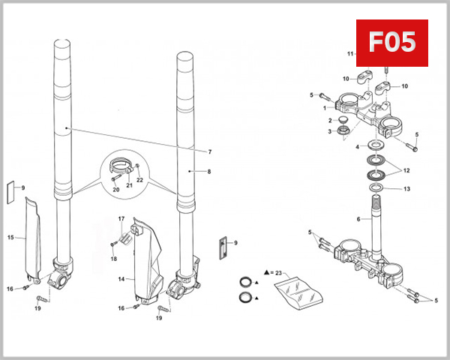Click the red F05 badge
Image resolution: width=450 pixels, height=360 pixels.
(391, 42)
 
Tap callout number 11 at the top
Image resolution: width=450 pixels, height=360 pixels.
(349, 54)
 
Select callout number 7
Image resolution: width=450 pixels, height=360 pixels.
(210, 152)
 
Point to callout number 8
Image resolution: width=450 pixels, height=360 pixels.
(209, 172)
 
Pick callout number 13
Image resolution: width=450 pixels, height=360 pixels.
(406, 190)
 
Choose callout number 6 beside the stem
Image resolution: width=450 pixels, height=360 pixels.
(358, 219)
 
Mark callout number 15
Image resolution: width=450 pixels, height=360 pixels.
(10, 238)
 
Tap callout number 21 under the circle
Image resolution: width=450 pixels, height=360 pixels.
(128, 184)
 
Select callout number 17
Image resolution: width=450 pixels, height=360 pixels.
(121, 218)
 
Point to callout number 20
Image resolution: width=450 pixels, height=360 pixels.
(116, 190)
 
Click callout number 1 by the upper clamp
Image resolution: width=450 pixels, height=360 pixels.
(325, 108)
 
